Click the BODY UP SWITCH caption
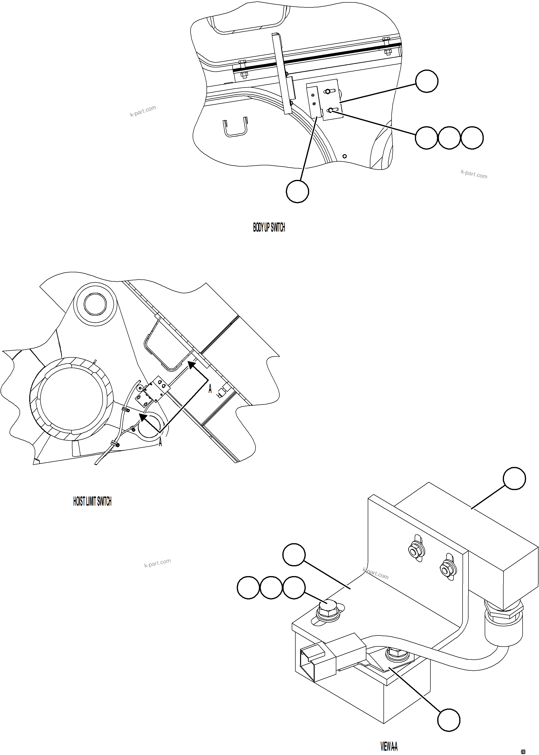[x=269, y=228]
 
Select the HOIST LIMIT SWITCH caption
[x=92, y=501]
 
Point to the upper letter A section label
[x=210, y=388]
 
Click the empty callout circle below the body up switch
[x=297, y=192]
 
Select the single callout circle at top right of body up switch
[x=427, y=81]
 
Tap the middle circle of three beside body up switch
[x=449, y=138]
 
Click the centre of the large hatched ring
[x=72, y=399]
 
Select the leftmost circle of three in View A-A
[x=248, y=588]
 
